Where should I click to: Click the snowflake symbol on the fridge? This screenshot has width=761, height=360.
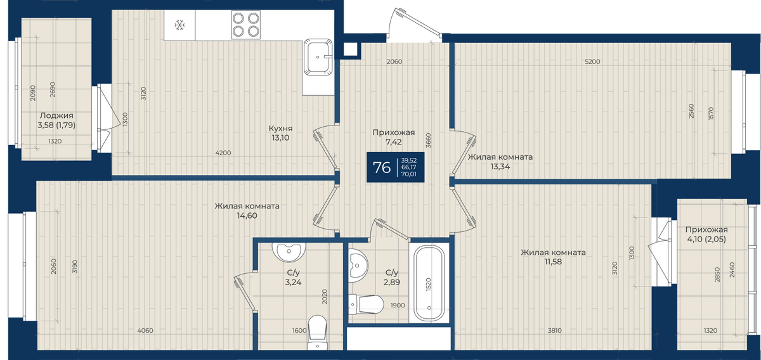179,25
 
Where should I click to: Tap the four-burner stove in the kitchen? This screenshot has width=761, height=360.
246,25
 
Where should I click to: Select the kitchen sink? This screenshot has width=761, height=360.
318,56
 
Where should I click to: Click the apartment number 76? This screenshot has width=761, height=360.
382,167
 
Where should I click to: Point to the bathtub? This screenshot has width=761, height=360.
429,283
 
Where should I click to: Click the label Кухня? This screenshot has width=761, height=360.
280,129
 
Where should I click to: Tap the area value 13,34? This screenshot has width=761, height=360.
500,167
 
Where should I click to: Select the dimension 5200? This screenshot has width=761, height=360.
592,61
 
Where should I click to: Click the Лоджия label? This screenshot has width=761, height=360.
56,115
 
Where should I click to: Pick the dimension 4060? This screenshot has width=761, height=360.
145,330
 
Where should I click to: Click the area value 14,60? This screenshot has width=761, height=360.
247,215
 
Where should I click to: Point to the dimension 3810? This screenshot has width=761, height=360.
554,330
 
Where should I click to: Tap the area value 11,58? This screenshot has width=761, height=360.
553,262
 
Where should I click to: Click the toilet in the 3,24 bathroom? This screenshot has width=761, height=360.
317,332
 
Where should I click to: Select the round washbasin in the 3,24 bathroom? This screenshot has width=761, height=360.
289,252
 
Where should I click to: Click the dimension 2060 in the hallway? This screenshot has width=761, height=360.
394,61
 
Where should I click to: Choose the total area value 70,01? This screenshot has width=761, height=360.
408,174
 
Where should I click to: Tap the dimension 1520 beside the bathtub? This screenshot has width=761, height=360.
428,285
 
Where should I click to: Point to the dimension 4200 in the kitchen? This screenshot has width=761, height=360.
223,153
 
